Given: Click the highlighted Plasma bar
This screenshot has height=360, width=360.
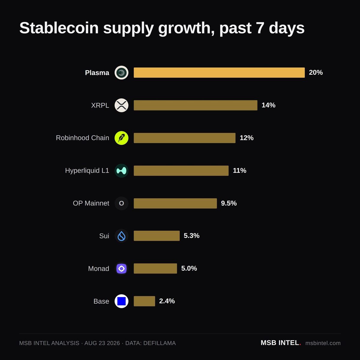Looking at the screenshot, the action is click(x=219, y=73).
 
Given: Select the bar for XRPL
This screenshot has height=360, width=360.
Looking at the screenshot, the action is click(x=195, y=105).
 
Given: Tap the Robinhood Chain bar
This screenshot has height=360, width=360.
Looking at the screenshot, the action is click(x=184, y=138).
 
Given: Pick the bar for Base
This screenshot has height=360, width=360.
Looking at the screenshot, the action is click(x=144, y=301).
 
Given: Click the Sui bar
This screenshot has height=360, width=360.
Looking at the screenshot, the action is click(x=157, y=236).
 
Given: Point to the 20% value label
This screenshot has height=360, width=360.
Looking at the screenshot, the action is click(x=316, y=73).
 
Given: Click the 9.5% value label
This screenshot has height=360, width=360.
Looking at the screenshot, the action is click(x=229, y=203).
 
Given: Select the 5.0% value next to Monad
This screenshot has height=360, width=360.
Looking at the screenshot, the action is click(x=189, y=268).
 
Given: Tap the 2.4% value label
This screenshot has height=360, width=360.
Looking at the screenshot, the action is click(x=167, y=301).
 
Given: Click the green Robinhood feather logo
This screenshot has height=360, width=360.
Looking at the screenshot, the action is click(x=121, y=138).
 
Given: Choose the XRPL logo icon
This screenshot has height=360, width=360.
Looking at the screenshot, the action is click(x=121, y=105).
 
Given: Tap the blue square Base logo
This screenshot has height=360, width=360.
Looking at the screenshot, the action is click(x=121, y=301).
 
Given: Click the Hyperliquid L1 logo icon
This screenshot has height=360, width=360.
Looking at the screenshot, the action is click(x=121, y=171).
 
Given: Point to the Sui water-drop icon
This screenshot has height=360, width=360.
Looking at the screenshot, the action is click(x=121, y=236).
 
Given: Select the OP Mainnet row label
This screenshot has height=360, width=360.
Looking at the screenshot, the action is click(x=91, y=203).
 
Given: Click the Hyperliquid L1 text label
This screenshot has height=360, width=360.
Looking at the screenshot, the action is click(x=87, y=171).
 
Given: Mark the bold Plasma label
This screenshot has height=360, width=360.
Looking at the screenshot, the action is click(x=97, y=73).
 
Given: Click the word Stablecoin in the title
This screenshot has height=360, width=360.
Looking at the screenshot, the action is click(x=59, y=28).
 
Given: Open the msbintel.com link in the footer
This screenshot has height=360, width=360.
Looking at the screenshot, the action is click(x=323, y=343).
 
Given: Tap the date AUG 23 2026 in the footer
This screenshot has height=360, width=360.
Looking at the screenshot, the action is click(x=102, y=343).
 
